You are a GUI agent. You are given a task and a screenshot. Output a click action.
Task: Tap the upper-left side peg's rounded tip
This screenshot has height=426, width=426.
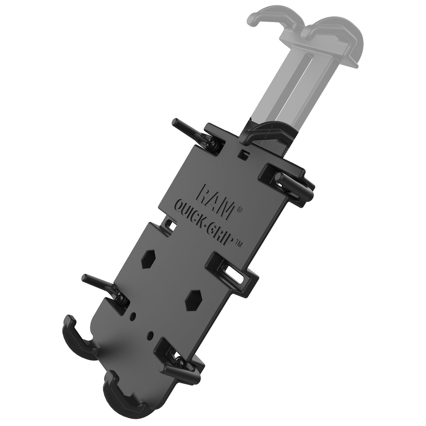(x=176, y=121)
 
